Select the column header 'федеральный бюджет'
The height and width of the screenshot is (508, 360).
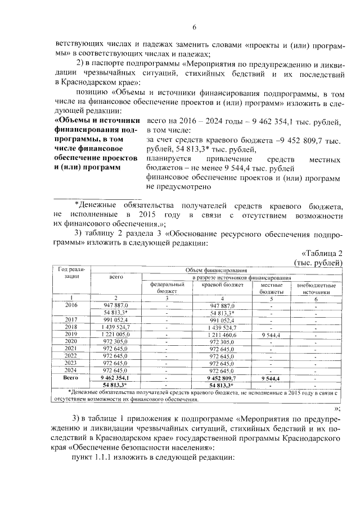[167, 289]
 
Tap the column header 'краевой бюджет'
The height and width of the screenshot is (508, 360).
[226, 285]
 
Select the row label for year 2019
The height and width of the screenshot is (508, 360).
[71, 333]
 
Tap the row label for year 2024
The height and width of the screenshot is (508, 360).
[71, 370]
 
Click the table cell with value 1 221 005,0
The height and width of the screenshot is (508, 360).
[115, 333]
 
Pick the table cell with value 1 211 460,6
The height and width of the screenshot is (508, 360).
[226, 333]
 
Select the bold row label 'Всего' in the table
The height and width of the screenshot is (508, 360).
[71, 378]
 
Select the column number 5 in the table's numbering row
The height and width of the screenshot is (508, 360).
[271, 298]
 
